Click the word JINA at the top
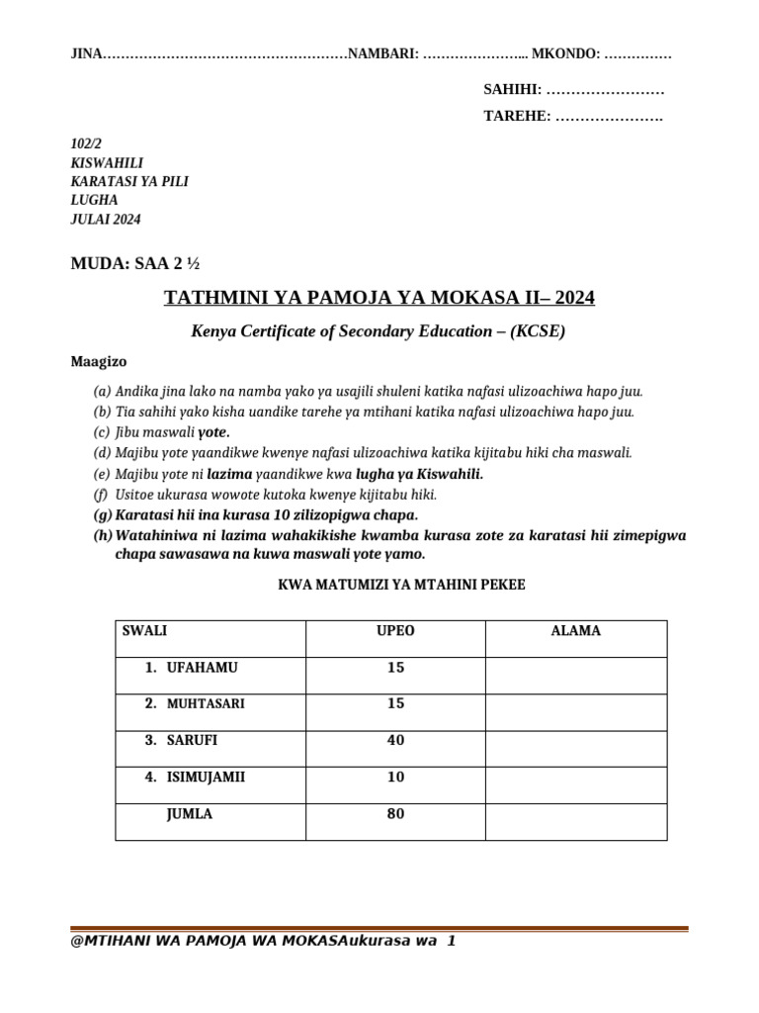coord(87,54)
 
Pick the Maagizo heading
coord(99,362)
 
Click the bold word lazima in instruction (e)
coord(229,475)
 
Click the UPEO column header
coord(395,630)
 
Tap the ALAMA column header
coord(575,630)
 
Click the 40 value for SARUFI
coord(395,741)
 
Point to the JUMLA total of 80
coord(395,815)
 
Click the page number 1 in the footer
coord(451,941)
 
